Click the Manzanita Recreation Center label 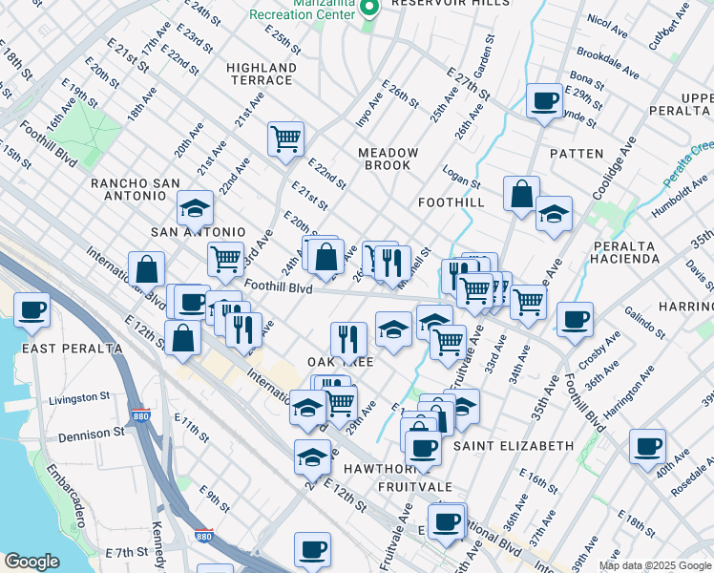(x=304, y=12)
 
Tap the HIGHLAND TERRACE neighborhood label (x=262, y=74)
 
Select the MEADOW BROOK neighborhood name (x=388, y=159)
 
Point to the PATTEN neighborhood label (x=577, y=154)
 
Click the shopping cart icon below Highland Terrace (x=285, y=139)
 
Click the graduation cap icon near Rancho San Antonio (x=195, y=208)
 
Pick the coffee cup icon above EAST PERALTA (x=32, y=309)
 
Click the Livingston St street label (x=79, y=397)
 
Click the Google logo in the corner (x=31, y=562)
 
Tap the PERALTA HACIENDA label (x=626, y=252)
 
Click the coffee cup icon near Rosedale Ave (x=647, y=447)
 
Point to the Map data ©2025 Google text (x=655, y=565)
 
